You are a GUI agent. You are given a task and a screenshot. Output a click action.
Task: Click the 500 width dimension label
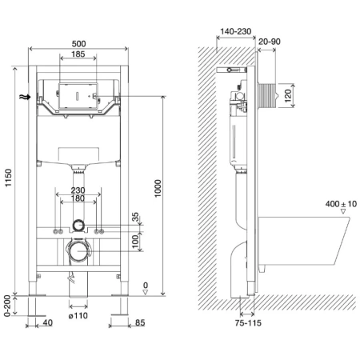(x=78, y=43)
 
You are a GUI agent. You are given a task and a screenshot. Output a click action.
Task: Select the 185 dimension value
(x=78, y=54)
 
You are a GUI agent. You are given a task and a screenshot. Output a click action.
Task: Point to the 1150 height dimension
(x=9, y=178)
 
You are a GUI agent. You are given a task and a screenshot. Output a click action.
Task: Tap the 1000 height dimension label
(x=158, y=188)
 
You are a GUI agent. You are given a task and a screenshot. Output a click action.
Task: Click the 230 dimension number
(x=78, y=190)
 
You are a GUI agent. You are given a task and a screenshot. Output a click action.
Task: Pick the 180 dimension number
(x=78, y=198)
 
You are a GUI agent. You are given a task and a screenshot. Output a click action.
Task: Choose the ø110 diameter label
(x=78, y=316)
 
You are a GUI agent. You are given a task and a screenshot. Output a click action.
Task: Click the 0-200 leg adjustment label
(x=7, y=306)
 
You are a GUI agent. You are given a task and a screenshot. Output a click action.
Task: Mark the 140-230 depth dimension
(x=236, y=31)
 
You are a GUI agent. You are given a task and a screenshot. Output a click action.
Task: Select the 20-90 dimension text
(x=270, y=42)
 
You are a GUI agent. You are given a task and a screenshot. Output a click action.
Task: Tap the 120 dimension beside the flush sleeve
(x=287, y=96)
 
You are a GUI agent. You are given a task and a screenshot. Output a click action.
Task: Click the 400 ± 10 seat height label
(x=341, y=204)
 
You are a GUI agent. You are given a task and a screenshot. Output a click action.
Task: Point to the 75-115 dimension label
(x=248, y=323)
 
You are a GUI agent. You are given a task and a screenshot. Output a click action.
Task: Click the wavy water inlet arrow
(x=25, y=97)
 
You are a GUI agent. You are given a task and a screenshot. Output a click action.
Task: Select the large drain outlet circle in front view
(x=78, y=251)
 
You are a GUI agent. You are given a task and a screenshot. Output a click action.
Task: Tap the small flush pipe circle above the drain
(x=78, y=226)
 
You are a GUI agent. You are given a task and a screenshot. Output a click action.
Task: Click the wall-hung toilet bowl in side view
(x=304, y=241)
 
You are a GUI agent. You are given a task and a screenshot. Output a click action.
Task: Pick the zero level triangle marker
(x=146, y=293)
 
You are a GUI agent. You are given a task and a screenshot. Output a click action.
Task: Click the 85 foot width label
(x=140, y=322)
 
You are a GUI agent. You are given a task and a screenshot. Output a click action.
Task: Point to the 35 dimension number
(x=136, y=217)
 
